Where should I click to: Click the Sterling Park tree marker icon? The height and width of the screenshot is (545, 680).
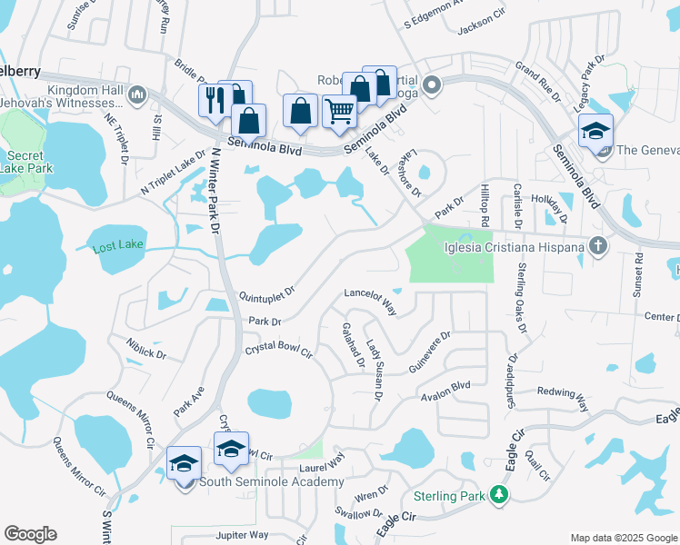pos(498,495)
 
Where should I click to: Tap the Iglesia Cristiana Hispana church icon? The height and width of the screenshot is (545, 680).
pos(597,245)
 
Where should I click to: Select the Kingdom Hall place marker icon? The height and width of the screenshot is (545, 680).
pos(138,94)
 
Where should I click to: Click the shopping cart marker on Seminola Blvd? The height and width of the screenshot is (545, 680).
pos(339,113)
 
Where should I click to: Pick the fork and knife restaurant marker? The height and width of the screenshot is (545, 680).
pos(215,100)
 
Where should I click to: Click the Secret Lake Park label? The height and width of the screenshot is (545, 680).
pos(26,161)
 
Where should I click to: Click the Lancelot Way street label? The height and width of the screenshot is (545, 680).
pos(371,300)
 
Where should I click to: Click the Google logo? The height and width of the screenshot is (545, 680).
pos(31,534)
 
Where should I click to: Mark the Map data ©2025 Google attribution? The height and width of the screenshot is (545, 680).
pos(623,538)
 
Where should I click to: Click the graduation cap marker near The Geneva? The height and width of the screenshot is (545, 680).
pos(595,133)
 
